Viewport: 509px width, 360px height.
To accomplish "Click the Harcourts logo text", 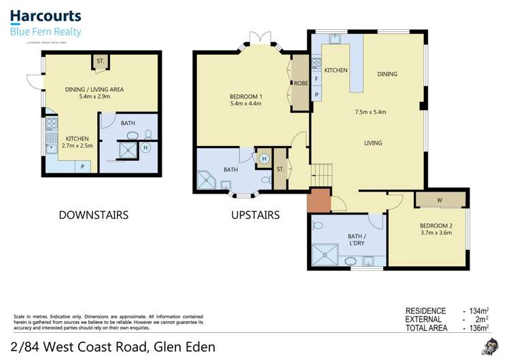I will coord(45,16).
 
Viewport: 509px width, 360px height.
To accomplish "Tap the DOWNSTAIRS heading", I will coord(93,215).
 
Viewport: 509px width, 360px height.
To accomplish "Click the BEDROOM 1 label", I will coord(245,96).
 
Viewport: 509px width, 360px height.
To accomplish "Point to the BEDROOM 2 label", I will coord(436,225).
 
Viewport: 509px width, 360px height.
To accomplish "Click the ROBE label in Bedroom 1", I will coord(299,84).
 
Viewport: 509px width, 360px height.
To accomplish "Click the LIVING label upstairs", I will coord(372,143).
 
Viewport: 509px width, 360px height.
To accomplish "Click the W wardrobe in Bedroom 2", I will coord(440,200).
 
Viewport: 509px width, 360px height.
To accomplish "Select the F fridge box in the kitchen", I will coord(317,79).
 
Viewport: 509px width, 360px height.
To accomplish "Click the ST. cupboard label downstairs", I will coord(100,61).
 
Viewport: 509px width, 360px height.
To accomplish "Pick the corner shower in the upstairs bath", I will coord(207,180).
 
